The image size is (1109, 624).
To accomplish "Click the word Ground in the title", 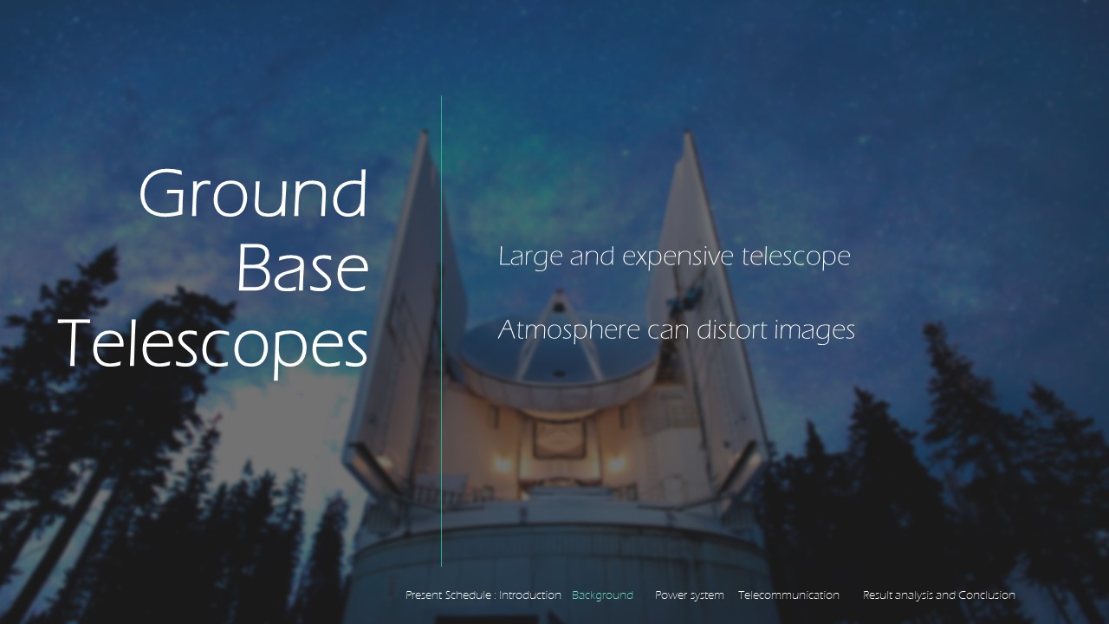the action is (x=253, y=194).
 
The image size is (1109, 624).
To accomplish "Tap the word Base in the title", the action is (x=302, y=268).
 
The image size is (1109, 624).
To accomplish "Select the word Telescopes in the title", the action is (x=213, y=345).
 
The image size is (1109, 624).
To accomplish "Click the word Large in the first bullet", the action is (x=529, y=257).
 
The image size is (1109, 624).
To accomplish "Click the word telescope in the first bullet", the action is (x=795, y=257).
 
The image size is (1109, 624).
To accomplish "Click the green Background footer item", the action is (x=602, y=595).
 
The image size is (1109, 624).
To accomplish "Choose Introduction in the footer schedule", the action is (x=529, y=595).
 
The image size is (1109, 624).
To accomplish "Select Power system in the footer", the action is (x=689, y=595).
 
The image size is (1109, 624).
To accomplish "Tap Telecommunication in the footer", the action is (x=788, y=595).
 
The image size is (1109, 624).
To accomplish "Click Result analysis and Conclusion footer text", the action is (x=938, y=595).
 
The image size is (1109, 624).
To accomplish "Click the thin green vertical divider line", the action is (x=441, y=331).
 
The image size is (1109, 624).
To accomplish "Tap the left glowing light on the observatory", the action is (x=502, y=464).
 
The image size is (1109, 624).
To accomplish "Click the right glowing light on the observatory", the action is (x=616, y=464).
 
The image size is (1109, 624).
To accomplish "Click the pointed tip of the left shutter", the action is (x=424, y=132).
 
